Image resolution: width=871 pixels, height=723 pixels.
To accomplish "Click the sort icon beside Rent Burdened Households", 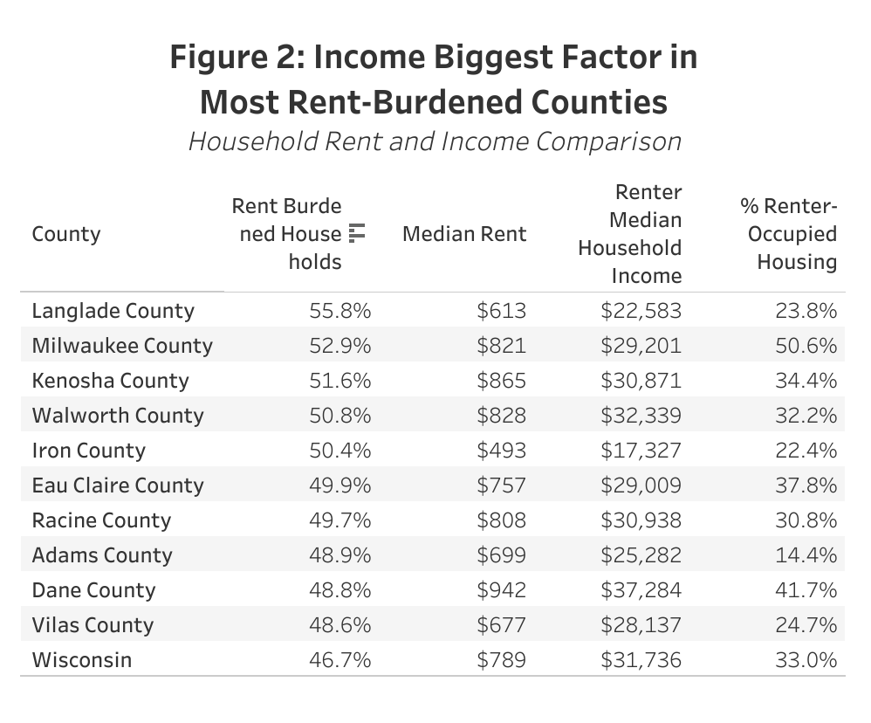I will tap(356, 233).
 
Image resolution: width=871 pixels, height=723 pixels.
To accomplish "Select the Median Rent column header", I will tap(464, 234).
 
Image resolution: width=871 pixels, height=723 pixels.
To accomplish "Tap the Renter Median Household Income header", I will tap(629, 234).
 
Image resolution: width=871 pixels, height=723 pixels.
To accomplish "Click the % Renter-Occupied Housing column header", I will tap(788, 234).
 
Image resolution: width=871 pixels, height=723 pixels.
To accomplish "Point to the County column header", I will tap(66, 234).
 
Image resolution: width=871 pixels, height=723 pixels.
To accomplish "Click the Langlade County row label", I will tap(113, 311).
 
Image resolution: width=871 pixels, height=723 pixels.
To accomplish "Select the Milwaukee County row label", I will tap(122, 346).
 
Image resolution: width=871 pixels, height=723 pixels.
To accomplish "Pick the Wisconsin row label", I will tap(82, 660).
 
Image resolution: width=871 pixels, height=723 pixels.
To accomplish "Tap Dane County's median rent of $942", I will tap(502, 590).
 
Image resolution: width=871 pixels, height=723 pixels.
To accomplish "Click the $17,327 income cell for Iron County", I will tap(641, 451).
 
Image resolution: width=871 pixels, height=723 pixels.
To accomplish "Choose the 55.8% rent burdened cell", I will tap(340, 311).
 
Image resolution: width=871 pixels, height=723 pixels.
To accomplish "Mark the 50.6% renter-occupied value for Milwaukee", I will tap(806, 346).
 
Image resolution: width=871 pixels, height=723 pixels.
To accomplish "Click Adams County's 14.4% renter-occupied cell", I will tap(806, 555).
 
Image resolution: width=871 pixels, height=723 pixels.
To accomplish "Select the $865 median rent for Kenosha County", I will tap(502, 381).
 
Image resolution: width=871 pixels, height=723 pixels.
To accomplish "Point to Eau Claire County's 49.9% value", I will tap(340, 485).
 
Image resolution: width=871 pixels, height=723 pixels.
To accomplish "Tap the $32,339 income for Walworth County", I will tap(641, 416).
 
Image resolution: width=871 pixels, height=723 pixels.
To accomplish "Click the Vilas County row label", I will tap(93, 625).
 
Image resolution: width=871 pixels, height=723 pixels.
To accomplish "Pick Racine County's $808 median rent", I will tap(502, 520).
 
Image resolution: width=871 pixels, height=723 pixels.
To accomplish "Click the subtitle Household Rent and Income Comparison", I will tap(435, 141).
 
